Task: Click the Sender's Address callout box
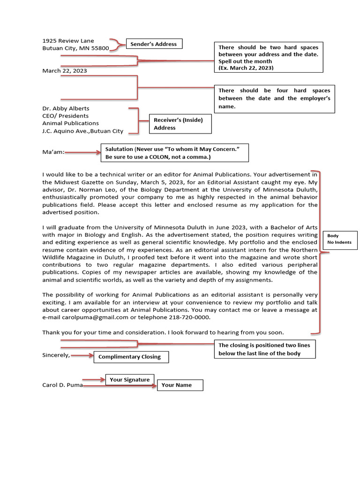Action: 153,44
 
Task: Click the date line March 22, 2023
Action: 64,71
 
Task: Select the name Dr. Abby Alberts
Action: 66,108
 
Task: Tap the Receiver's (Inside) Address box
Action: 180,124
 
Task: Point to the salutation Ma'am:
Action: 53,152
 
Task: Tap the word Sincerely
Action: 56,355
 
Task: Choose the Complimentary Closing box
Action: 131,357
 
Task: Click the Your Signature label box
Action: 130,380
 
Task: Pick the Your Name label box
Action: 180,385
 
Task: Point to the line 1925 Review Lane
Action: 68,41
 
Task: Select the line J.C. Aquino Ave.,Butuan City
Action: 82,131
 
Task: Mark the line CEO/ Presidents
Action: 65,116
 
